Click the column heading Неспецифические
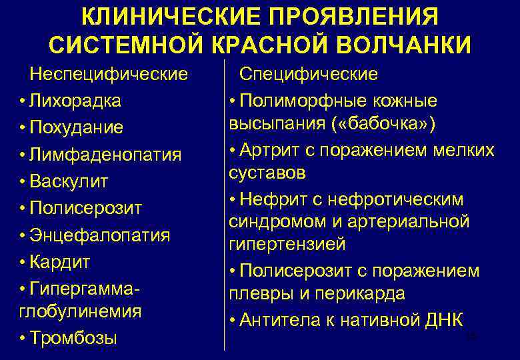coord(109,73)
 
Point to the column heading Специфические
coord(309,73)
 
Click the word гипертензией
coord(287,245)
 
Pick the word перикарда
coord(362,294)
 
